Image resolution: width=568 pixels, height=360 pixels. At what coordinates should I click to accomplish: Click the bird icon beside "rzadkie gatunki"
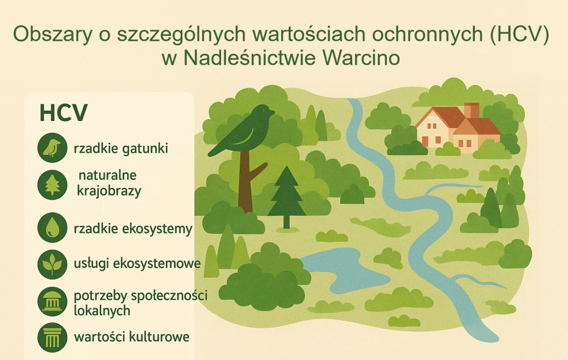[52, 148]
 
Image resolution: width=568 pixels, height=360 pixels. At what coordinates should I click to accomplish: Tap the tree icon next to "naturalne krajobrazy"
[52, 185]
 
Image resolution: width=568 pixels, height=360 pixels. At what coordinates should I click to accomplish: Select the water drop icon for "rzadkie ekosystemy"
[52, 228]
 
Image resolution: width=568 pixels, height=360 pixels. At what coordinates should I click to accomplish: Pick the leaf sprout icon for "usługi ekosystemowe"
[52, 264]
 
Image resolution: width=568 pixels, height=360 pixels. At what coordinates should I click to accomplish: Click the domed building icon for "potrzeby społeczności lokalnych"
[52, 302]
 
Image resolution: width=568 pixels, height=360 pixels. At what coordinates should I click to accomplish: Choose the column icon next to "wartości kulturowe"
[52, 337]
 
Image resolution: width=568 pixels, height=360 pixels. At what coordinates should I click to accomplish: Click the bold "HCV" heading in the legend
[64, 112]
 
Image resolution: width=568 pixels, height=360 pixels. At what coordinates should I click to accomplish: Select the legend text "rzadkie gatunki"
[121, 149]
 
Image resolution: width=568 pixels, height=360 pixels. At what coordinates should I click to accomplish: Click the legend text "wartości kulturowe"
[132, 337]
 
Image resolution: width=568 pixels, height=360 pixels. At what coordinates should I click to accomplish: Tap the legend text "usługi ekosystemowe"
[137, 263]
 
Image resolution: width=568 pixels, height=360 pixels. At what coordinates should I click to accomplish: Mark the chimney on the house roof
[471, 111]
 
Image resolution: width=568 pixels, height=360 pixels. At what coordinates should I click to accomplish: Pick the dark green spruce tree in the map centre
[286, 198]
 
